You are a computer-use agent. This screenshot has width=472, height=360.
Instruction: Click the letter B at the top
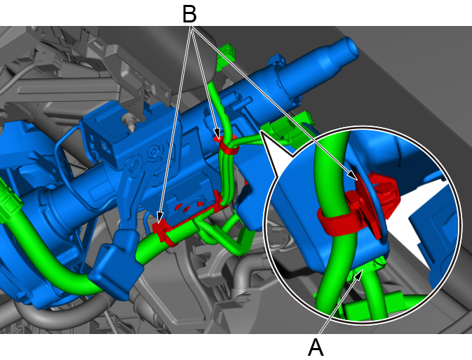pos(189,14)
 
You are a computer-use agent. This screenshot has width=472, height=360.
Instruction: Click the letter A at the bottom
pos(316,347)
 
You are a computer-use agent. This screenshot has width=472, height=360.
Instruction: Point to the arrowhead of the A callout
pos(359,274)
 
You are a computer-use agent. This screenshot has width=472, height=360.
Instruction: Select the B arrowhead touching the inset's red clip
pos(353,175)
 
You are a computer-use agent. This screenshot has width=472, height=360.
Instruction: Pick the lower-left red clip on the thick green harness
pos(163,231)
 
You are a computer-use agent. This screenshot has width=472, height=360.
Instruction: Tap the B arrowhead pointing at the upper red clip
pos(217,134)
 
